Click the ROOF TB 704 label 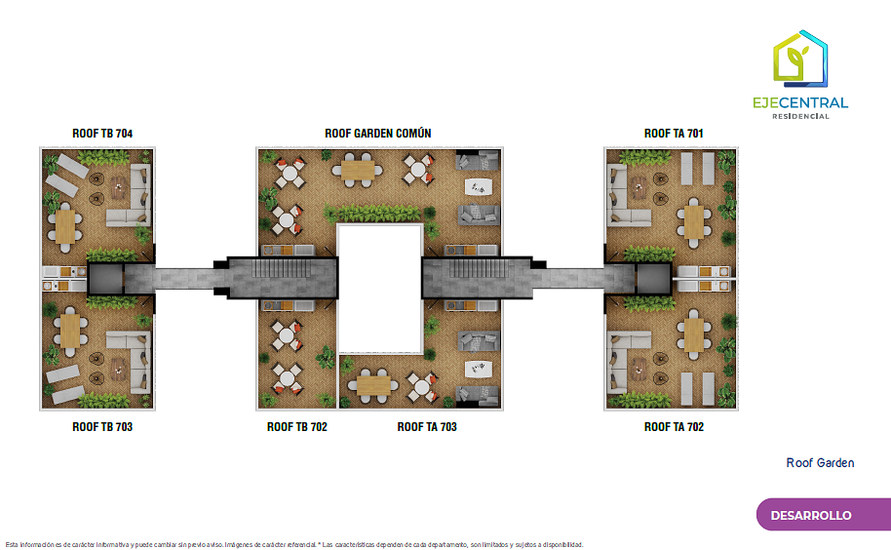click(x=102, y=134)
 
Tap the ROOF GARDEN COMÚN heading click(x=378, y=134)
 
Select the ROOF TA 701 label click(x=674, y=134)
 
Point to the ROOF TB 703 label click(x=102, y=427)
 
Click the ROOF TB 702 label click(x=297, y=427)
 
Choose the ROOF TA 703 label click(x=427, y=427)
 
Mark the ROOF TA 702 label click(x=674, y=427)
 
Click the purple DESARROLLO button click(x=811, y=515)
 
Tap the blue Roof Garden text click(x=820, y=463)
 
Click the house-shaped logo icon click(x=800, y=59)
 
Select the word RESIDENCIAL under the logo click(x=800, y=116)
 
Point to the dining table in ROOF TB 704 click(x=66, y=226)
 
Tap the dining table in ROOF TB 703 click(x=68, y=333)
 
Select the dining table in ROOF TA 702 click(x=693, y=334)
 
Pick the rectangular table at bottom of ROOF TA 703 click(x=373, y=387)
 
